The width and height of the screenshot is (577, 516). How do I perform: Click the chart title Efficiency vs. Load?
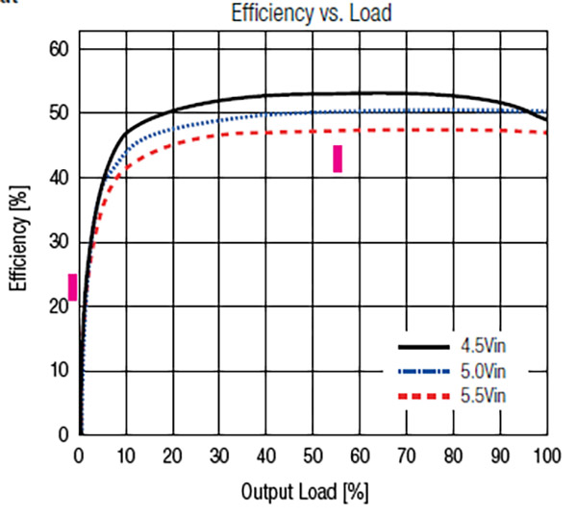(314, 12)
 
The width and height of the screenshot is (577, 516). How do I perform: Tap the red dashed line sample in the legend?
(424, 395)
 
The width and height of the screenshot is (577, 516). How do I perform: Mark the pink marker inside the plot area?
(338, 159)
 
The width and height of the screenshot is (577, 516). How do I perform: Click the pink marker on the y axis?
(72, 286)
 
